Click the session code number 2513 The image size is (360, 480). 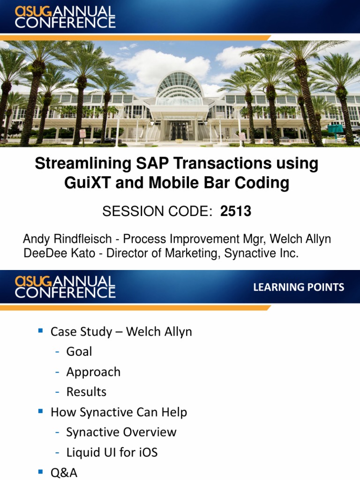[x=236, y=212]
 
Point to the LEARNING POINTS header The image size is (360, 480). [x=299, y=287]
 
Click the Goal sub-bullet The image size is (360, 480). [x=79, y=352]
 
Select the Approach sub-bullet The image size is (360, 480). [x=93, y=372]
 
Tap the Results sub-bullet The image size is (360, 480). [x=86, y=392]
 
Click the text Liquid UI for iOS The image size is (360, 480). [x=112, y=452]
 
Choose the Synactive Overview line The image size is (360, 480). [x=121, y=432]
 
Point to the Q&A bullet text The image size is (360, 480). [x=64, y=472]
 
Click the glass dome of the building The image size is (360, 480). [x=180, y=85]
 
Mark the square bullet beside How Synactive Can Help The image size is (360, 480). [x=41, y=412]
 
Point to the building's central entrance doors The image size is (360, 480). [x=179, y=130]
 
